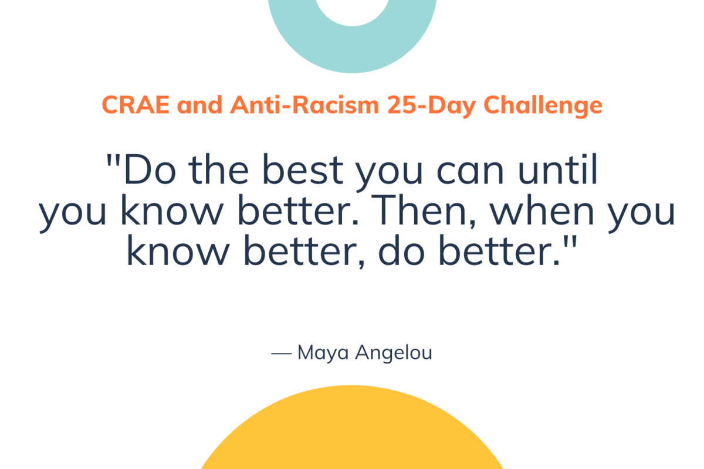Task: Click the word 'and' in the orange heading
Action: coord(200,106)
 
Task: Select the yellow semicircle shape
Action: coord(352,434)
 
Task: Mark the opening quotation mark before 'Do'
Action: coord(113,159)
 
